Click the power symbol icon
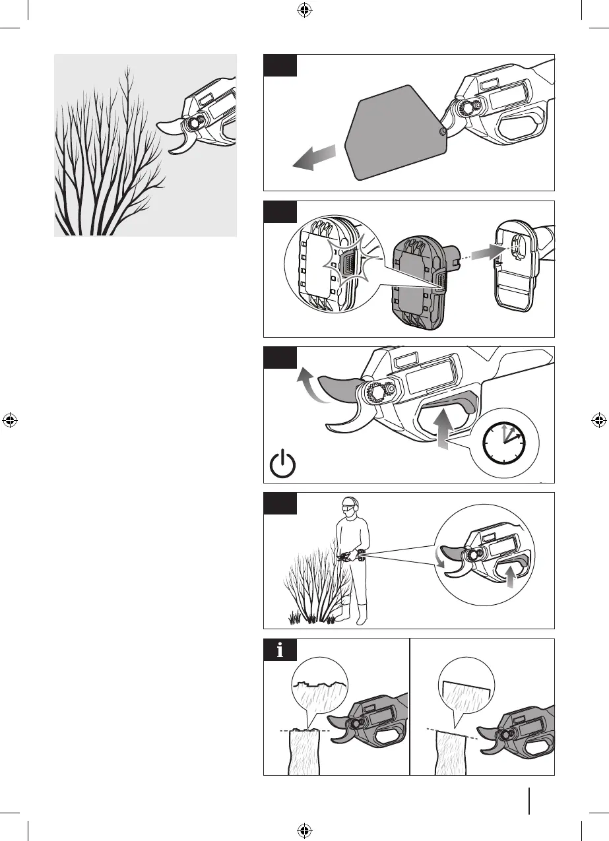[x=283, y=464]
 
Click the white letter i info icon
[x=280, y=650]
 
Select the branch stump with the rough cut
[x=304, y=752]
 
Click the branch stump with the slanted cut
[x=451, y=752]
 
